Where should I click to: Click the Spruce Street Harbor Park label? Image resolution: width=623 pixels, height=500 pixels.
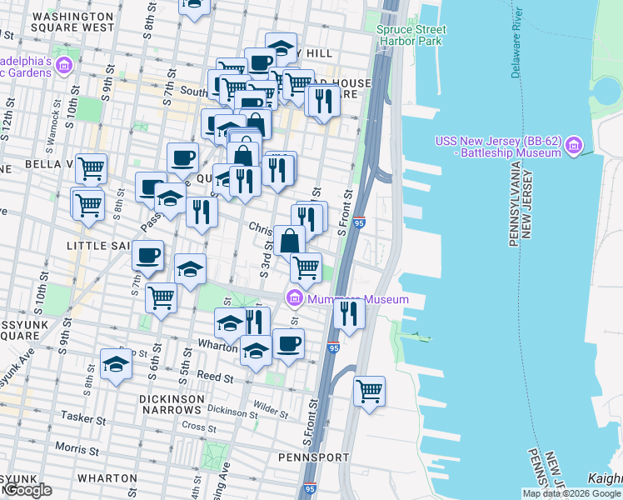click(x=411, y=35)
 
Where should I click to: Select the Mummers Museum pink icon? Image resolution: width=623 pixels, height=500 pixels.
click(x=293, y=298)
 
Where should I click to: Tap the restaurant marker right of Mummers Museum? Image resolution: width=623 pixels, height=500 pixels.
click(x=348, y=313)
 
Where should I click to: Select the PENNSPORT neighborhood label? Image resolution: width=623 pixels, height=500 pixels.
click(x=307, y=457)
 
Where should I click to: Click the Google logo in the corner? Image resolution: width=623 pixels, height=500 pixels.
click(x=27, y=490)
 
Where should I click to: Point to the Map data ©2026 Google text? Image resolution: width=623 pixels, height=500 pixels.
click(x=571, y=493)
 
